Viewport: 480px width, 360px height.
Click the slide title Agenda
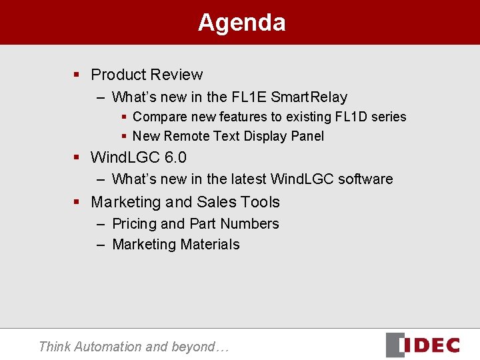coord(241,23)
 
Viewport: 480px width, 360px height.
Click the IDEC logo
coord(423,345)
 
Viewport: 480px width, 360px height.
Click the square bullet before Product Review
coord(77,75)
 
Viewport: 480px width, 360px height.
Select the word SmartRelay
coord(309,97)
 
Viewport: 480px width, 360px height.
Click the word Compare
coord(159,117)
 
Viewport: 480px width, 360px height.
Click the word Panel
coord(307,136)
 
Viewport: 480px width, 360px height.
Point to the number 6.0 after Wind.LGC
coord(175,158)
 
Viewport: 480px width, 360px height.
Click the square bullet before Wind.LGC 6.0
coord(77,158)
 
